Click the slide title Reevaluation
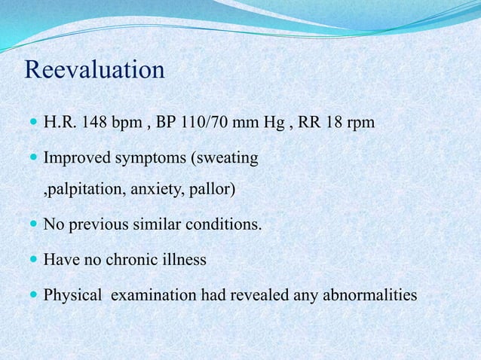pyautogui.click(x=94, y=70)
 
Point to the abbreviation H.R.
pyautogui.click(x=59, y=121)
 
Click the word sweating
pyautogui.click(x=228, y=160)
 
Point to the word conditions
pyautogui.click(x=226, y=224)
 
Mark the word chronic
pyautogui.click(x=129, y=260)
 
